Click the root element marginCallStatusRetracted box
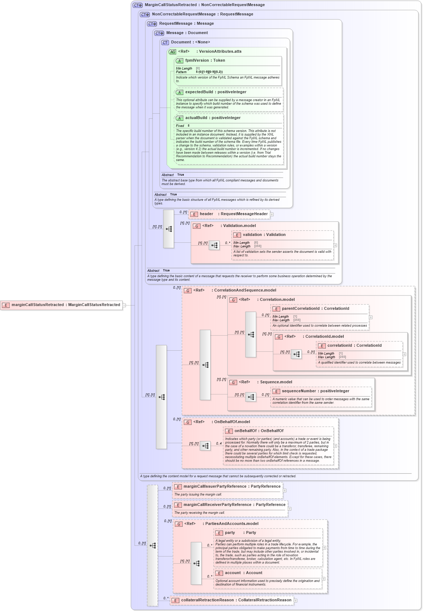[x=62, y=305]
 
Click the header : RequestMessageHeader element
[x=230, y=214]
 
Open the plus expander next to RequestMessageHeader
[x=272, y=214]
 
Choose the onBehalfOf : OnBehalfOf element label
[x=259, y=431]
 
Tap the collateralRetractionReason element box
[x=232, y=600]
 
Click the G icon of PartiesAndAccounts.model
[x=179, y=524]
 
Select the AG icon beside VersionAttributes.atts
[x=173, y=52]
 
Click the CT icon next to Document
[x=165, y=43]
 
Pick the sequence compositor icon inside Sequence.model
[x=251, y=397]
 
